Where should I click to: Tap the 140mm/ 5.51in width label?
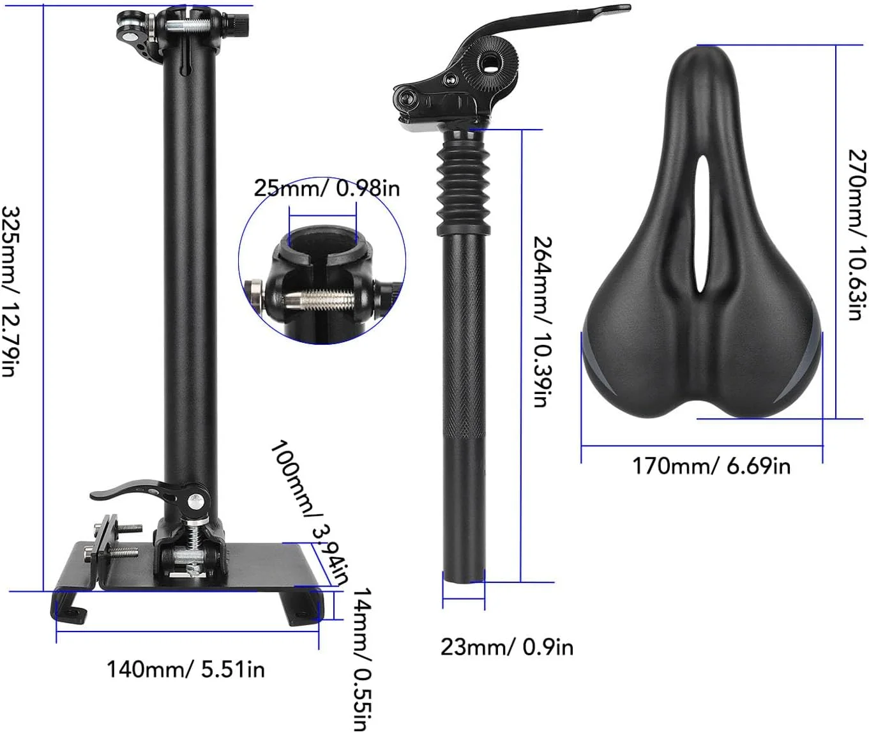click(186, 670)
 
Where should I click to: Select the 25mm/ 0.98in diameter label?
click(327, 188)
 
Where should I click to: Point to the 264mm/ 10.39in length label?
click(543, 321)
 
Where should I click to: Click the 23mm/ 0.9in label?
click(506, 647)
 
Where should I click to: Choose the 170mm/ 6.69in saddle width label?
click(711, 465)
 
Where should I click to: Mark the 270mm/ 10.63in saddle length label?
click(858, 235)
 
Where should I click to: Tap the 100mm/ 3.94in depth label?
click(310, 512)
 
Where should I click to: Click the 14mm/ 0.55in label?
click(362, 659)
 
